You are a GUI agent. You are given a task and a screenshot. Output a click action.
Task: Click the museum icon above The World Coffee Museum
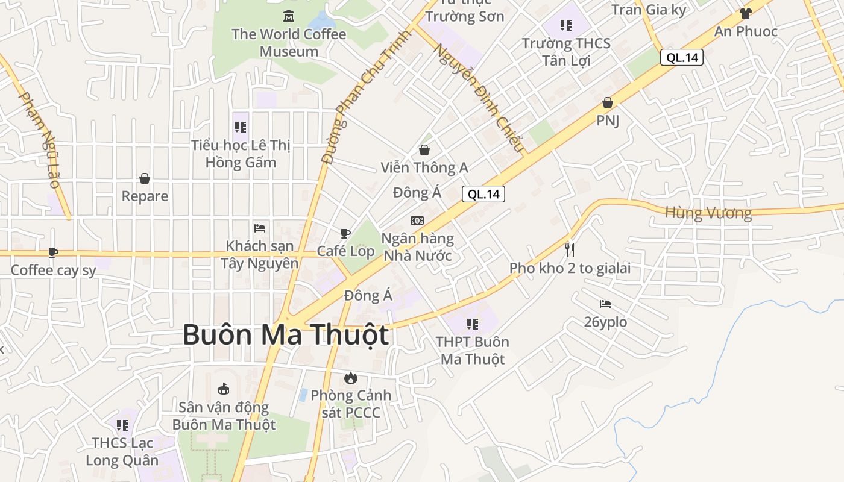289,16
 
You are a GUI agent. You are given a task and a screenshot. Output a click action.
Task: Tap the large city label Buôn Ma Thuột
286,335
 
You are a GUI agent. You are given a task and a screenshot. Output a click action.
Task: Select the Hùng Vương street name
708,213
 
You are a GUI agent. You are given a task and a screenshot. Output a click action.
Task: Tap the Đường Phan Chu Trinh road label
365,97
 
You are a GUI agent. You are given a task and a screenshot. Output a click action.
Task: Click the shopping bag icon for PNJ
608,102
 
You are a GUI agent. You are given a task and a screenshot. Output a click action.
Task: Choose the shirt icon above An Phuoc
746,13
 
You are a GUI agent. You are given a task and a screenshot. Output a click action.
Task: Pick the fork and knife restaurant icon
570,249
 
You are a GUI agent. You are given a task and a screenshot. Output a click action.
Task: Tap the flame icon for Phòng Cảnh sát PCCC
350,378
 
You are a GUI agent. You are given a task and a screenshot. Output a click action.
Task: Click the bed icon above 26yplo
605,304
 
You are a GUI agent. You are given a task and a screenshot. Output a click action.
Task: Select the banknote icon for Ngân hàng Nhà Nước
417,221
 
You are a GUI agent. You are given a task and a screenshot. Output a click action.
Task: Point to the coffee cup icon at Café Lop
345,233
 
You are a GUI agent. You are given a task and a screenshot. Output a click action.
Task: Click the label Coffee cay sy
54,271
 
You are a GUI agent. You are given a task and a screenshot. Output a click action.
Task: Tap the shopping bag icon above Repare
145,178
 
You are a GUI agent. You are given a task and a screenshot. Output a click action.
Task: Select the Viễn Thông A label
424,167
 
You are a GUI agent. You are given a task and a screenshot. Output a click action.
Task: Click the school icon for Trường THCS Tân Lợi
565,25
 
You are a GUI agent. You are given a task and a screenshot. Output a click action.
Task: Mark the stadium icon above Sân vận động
224,389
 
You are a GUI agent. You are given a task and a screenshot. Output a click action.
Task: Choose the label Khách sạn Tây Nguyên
260,254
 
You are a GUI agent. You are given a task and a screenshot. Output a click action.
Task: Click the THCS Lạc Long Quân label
122,451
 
